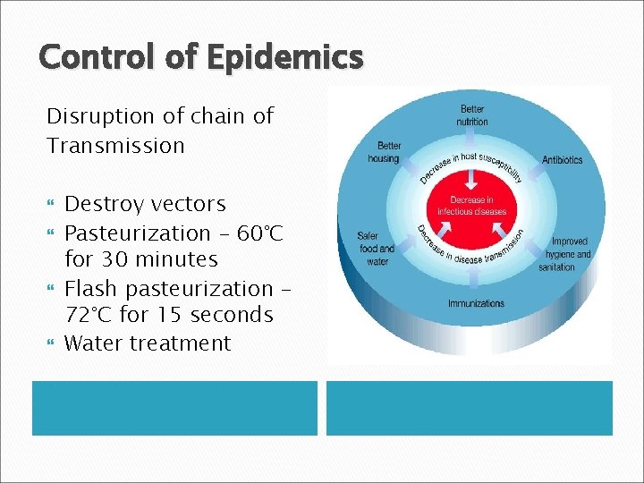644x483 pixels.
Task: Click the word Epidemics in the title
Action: click(284, 57)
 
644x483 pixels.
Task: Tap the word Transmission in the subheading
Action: click(115, 145)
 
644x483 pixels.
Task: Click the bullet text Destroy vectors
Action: click(145, 204)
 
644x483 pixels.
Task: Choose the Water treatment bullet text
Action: click(148, 343)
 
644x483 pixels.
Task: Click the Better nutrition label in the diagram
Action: click(472, 115)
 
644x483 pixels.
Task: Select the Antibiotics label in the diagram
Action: click(562, 160)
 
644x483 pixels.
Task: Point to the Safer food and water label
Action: click(376, 249)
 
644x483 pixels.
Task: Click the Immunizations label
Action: click(476, 303)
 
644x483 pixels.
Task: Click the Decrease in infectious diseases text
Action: click(471, 206)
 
